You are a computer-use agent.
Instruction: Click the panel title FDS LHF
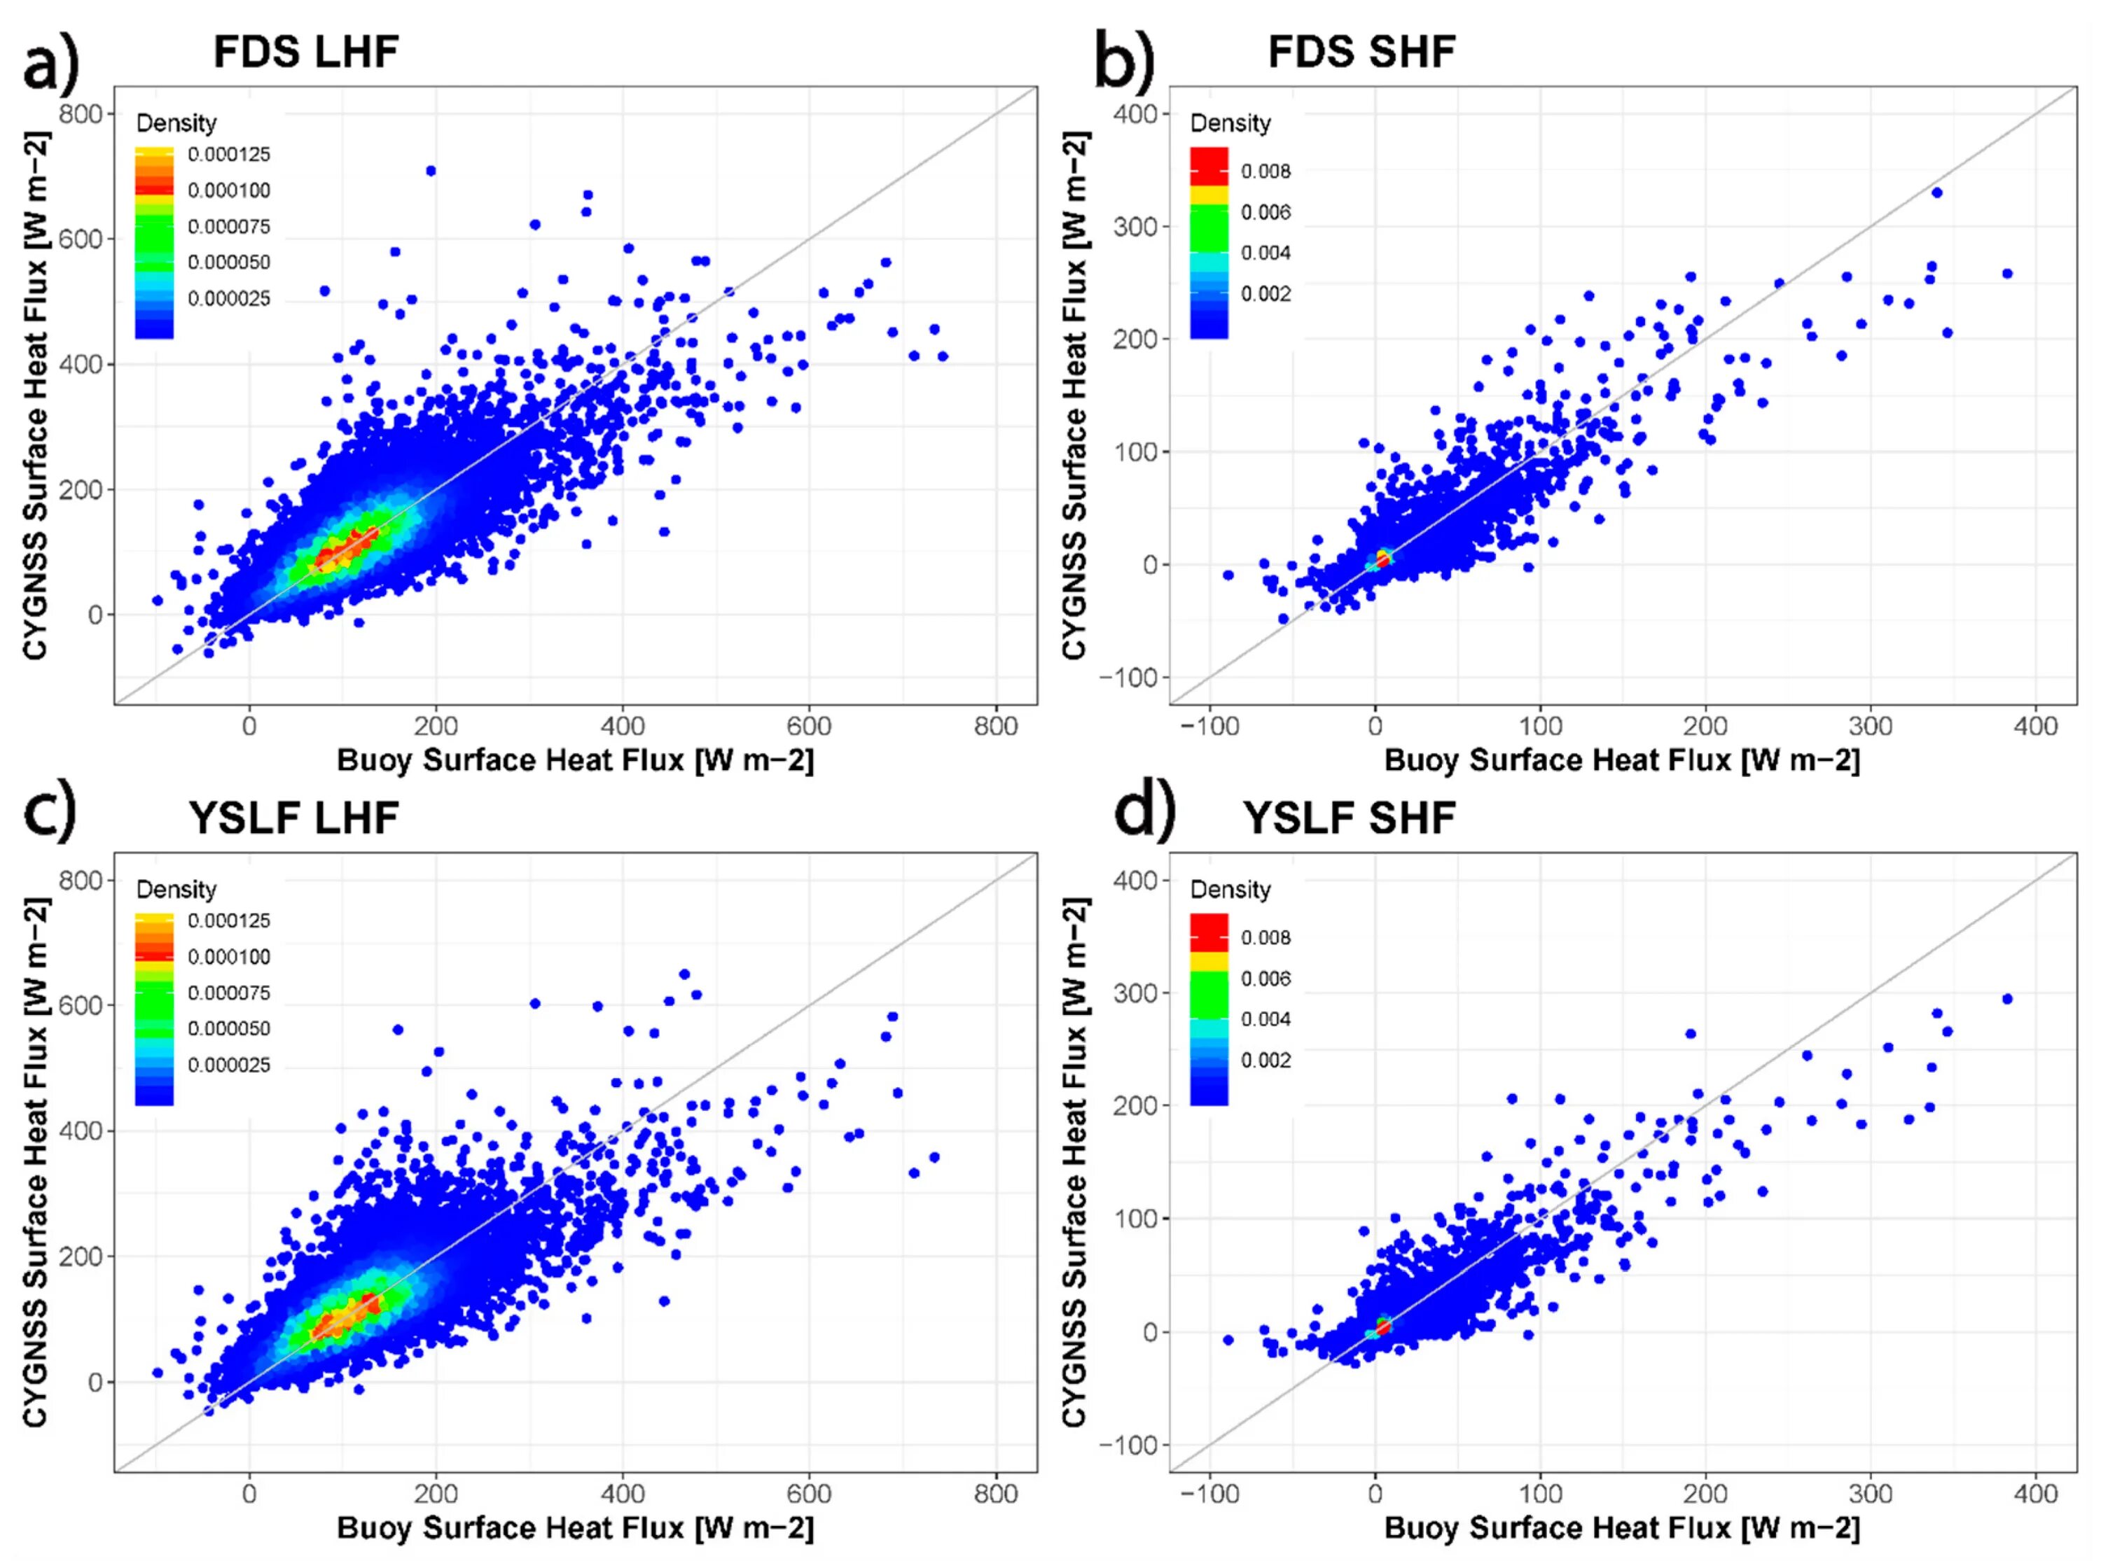coord(305,51)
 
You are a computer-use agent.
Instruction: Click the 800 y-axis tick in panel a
coord(81,114)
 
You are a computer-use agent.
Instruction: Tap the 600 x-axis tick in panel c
coord(809,1494)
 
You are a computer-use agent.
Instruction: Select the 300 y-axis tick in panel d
coord(1136,993)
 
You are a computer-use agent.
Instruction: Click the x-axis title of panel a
coord(575,761)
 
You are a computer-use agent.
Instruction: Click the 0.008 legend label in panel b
coord(1266,171)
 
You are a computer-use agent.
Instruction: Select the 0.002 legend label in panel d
coord(1266,1060)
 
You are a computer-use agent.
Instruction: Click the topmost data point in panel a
coord(431,171)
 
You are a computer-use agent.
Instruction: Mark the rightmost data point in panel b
coord(2007,274)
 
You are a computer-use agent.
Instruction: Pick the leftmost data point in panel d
coord(1228,1340)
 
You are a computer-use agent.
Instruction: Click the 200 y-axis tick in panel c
coord(81,1256)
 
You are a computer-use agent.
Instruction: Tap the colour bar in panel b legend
coord(1209,243)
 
